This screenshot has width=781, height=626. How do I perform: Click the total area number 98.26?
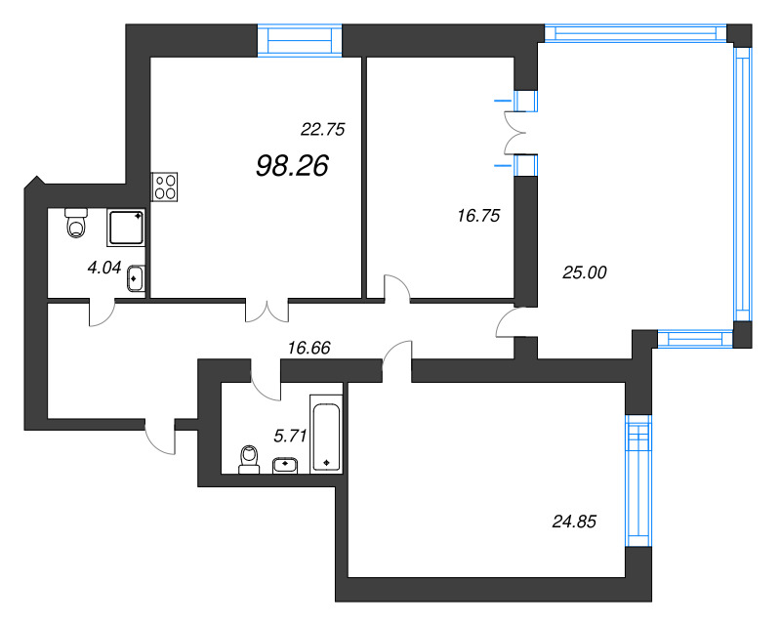[292, 165]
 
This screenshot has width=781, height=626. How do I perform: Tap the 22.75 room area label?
[323, 130]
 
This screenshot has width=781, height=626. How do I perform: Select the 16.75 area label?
[478, 216]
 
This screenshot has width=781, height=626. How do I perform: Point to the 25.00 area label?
[584, 272]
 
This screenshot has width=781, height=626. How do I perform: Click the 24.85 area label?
[574, 522]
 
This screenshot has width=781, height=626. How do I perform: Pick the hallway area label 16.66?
[308, 348]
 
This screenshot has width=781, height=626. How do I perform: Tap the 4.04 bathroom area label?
[104, 269]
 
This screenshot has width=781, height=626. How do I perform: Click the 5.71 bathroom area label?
[290, 437]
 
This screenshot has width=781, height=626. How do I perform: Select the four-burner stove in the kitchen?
[164, 187]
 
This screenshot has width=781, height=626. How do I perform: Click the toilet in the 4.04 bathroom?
[76, 223]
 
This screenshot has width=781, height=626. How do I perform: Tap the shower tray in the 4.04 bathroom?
[126, 228]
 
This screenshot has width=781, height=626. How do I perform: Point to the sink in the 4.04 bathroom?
[136, 279]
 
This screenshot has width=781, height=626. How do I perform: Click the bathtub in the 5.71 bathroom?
[326, 434]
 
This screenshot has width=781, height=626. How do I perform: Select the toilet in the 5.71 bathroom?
[249, 460]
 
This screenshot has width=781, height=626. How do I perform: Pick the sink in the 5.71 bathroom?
[285, 466]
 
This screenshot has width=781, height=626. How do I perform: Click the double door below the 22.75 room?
[267, 310]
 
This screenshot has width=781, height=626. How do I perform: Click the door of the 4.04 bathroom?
[103, 313]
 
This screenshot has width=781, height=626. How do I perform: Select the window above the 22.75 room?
[300, 40]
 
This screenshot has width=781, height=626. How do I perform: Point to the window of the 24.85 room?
[638, 480]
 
